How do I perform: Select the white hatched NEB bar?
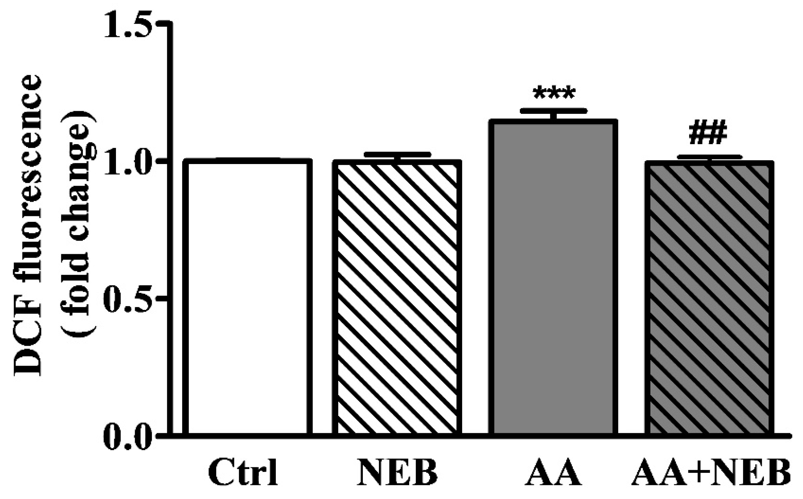(x=397, y=298)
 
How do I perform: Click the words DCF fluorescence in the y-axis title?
(x=28, y=230)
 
